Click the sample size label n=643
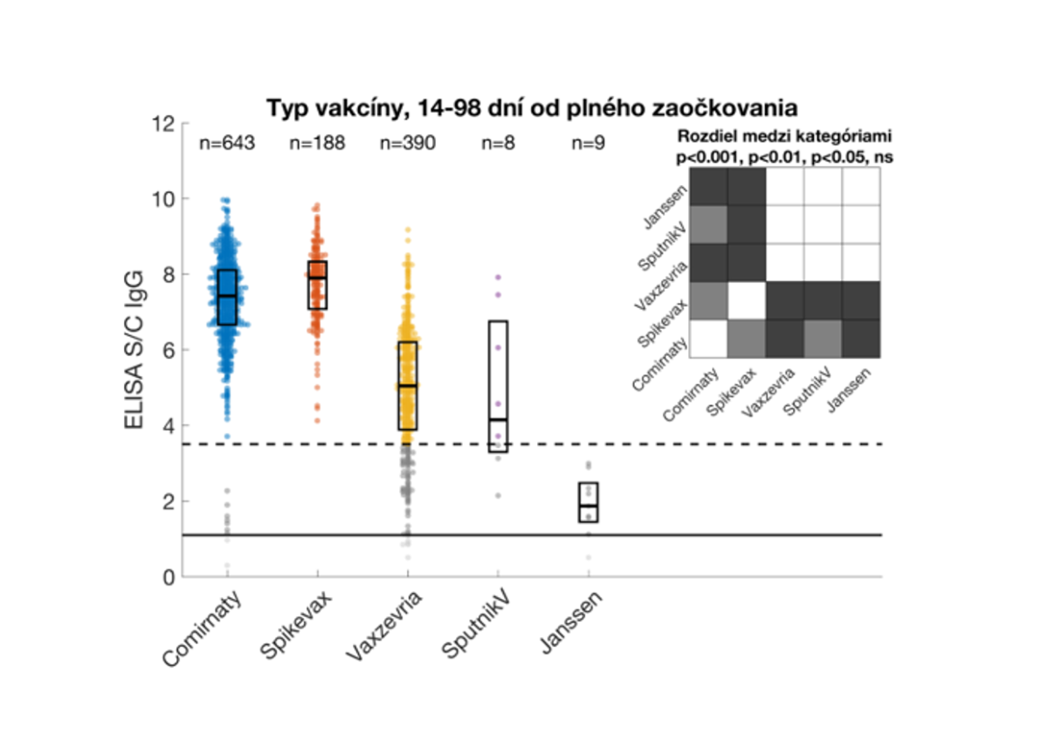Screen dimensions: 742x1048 click(x=227, y=144)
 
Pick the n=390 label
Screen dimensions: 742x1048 click(x=408, y=144)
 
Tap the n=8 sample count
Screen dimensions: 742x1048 click(x=498, y=144)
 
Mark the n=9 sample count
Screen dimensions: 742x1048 click(x=588, y=144)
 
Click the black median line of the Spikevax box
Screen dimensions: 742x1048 click(x=317, y=278)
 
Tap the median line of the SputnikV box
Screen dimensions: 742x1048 click(x=498, y=420)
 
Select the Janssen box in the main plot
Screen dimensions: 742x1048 click(x=588, y=502)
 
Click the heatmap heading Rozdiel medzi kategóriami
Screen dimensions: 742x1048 click(x=789, y=138)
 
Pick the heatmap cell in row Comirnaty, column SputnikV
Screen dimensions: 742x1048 click(x=823, y=339)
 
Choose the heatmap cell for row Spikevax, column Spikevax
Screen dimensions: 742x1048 click(x=747, y=301)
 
